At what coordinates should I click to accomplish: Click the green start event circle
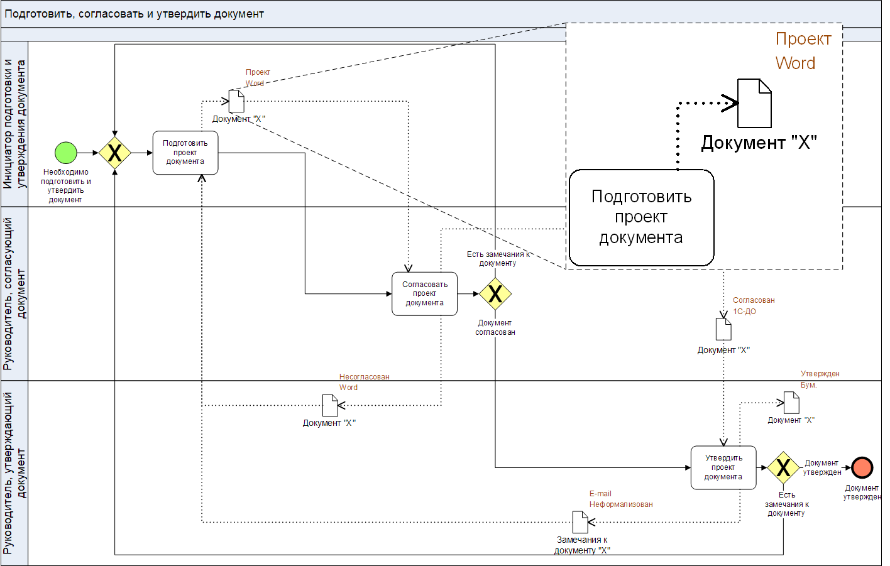66,153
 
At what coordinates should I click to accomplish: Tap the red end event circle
862,467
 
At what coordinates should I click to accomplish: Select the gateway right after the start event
115,153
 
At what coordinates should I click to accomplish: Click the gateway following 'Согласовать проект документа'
495,293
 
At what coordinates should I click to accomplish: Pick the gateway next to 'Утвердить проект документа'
783,467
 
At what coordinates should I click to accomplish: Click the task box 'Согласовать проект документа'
424,293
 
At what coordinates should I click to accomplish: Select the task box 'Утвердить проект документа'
723,467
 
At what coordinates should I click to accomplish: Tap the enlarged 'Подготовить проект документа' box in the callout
641,217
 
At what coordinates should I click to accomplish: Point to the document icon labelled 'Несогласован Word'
330,405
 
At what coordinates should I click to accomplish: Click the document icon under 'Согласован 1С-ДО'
723,329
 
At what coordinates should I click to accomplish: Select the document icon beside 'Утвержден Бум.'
792,403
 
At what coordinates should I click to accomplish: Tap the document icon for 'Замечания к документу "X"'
580,522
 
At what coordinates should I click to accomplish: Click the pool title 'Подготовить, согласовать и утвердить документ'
135,14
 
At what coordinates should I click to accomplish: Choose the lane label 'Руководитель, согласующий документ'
14,293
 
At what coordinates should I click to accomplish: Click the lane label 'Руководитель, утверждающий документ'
14,472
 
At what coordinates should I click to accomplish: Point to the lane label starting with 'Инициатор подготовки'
14,124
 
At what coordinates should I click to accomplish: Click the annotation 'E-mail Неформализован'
620,499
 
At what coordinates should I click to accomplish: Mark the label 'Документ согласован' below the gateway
495,327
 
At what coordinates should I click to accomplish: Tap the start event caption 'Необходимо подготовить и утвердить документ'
65,185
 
